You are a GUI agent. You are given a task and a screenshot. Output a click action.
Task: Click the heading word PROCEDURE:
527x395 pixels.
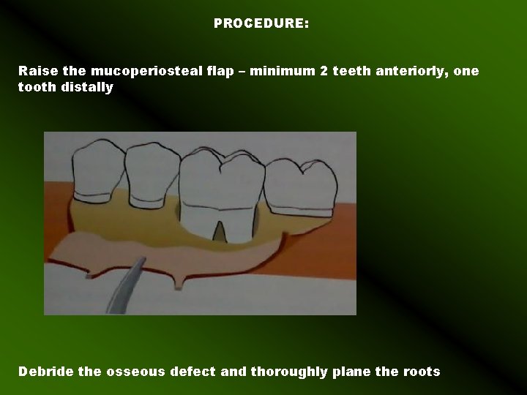[x=261, y=24]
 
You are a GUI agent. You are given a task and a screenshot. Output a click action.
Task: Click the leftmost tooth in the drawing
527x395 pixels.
[x=96, y=168]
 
